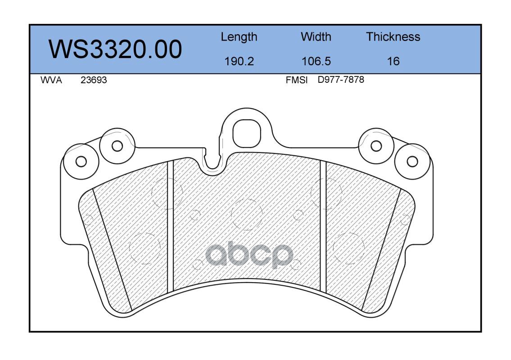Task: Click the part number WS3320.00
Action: (x=115, y=49)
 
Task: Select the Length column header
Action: (x=239, y=37)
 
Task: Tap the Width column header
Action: (x=316, y=36)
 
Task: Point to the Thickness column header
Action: (x=393, y=36)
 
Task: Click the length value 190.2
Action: (x=239, y=61)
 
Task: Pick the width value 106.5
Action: (x=316, y=61)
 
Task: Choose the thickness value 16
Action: (x=393, y=61)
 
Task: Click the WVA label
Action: (x=51, y=80)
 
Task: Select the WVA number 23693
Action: (x=94, y=80)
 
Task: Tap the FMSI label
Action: (x=297, y=80)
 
